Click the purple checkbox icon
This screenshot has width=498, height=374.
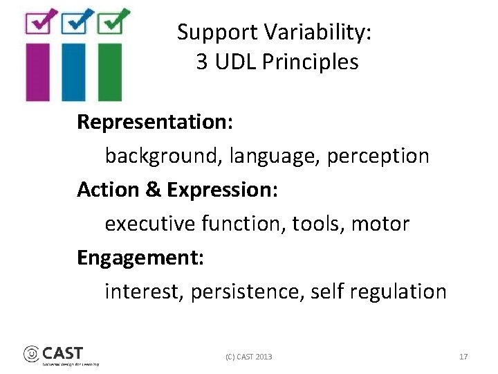38,22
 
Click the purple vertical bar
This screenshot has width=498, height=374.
38,71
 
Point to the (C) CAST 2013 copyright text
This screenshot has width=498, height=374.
248,357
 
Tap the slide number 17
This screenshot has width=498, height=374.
463,357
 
